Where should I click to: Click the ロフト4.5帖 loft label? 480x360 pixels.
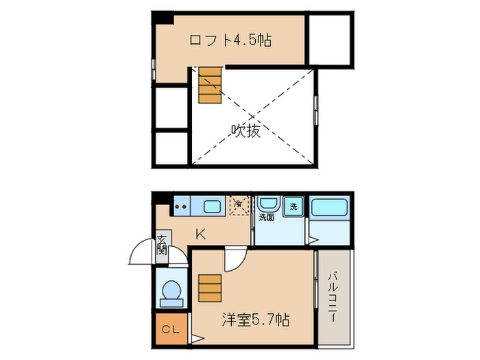click(x=230, y=40)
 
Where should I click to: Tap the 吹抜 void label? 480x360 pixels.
click(x=245, y=130)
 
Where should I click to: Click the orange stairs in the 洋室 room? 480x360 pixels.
click(x=210, y=288)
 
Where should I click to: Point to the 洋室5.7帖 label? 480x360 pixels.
click(x=255, y=320)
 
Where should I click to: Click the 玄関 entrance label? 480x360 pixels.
click(x=162, y=244)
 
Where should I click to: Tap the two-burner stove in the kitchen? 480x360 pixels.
click(x=182, y=204)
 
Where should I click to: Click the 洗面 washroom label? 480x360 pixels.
click(x=266, y=218)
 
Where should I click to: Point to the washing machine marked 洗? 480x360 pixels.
click(x=293, y=206)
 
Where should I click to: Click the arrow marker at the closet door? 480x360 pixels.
click(x=195, y=338)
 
